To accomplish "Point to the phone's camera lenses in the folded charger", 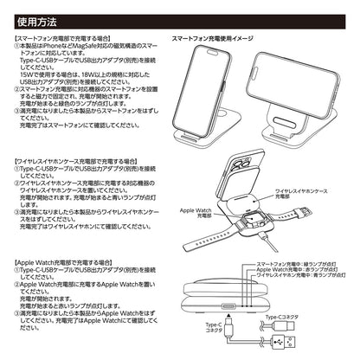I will [x=240, y=164].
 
